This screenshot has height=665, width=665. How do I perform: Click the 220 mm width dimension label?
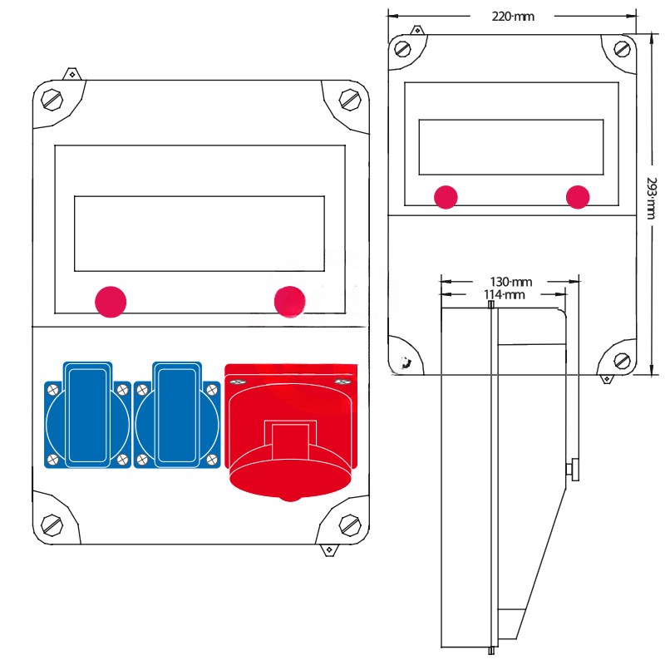[512, 17]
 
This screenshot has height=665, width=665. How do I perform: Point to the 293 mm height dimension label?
[652, 198]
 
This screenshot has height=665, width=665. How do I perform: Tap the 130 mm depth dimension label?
[510, 282]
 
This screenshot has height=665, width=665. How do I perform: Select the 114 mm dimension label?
[505, 294]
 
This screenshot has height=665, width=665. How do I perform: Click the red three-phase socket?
[290, 432]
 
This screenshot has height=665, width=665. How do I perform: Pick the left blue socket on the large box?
[87, 415]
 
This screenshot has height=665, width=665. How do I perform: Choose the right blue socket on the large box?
[177, 415]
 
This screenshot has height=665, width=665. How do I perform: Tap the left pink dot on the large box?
[111, 302]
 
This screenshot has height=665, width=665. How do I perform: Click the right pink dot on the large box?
[289, 302]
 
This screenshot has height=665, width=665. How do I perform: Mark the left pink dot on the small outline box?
[446, 197]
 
